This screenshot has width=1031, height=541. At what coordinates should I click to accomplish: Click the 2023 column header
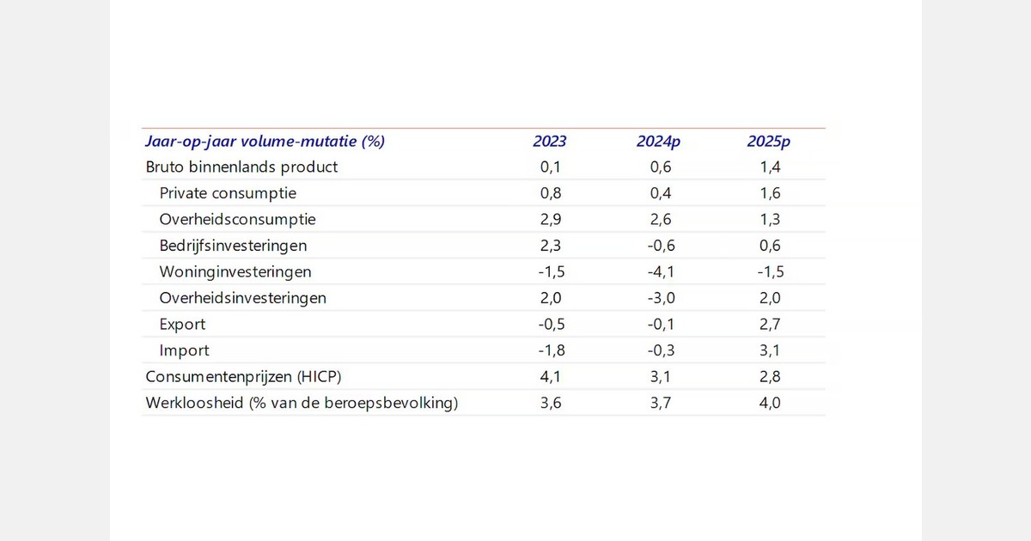click(x=549, y=142)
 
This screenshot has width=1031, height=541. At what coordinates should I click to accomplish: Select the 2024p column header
click(x=658, y=142)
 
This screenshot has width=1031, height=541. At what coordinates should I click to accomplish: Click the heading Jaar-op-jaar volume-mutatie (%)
click(x=265, y=142)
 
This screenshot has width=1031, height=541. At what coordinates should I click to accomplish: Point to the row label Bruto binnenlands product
click(x=242, y=167)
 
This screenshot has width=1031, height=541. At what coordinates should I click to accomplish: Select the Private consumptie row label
click(x=228, y=193)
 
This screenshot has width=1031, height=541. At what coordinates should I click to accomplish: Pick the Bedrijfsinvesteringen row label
click(x=233, y=246)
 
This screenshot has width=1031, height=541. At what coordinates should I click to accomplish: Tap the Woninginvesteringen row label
click(x=235, y=272)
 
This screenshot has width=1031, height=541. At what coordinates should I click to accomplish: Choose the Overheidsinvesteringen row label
click(x=243, y=298)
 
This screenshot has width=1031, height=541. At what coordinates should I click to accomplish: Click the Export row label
click(x=182, y=325)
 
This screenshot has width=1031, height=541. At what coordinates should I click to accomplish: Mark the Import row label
click(x=184, y=350)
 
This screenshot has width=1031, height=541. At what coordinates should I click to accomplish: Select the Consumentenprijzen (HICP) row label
click(x=238, y=376)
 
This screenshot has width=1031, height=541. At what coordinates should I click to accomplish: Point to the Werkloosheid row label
click(x=302, y=403)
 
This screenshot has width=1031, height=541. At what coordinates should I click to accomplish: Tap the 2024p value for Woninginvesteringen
click(x=657, y=272)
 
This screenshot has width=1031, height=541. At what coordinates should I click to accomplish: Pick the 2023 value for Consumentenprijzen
click(x=550, y=376)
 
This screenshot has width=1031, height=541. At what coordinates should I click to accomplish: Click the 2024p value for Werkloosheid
click(x=658, y=403)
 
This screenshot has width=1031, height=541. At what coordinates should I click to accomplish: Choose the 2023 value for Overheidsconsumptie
click(x=550, y=220)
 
